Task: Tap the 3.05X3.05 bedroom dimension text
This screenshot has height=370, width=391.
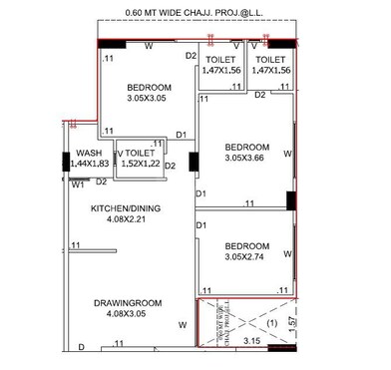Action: (x=149, y=99)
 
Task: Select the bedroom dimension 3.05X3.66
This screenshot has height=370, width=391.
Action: (x=245, y=157)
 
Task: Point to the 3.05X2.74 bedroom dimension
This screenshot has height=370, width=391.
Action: (x=245, y=257)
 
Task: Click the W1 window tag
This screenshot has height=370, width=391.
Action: (x=77, y=184)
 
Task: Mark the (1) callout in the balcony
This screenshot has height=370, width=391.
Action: (x=271, y=324)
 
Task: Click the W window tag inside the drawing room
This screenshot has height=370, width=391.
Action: (x=182, y=325)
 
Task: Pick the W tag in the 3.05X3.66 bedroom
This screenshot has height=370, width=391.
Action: (x=287, y=154)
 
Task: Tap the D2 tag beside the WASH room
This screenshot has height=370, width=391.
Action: (x=102, y=182)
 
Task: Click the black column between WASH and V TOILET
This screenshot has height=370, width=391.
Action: (x=116, y=157)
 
